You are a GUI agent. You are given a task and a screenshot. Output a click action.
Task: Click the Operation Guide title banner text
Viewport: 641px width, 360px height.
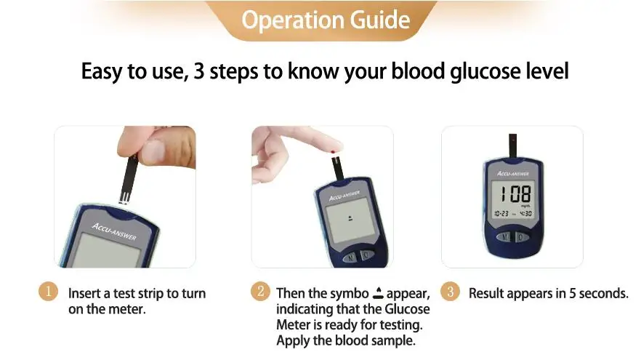click(x=325, y=20)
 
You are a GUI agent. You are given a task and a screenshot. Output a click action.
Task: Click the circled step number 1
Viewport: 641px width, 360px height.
click(x=47, y=292)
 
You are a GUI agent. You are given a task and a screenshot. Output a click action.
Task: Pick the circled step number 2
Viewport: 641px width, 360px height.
click(x=260, y=292)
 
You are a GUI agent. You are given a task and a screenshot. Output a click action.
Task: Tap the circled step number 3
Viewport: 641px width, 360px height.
click(x=451, y=292)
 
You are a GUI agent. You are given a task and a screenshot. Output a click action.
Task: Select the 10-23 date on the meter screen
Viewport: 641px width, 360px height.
click(x=501, y=214)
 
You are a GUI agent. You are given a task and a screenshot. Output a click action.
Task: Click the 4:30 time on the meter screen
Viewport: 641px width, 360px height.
click(x=525, y=214)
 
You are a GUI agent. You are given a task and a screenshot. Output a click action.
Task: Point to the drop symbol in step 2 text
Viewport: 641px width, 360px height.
click(x=377, y=294)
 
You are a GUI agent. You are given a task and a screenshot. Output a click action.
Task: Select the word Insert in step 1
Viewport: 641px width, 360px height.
click(x=85, y=294)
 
